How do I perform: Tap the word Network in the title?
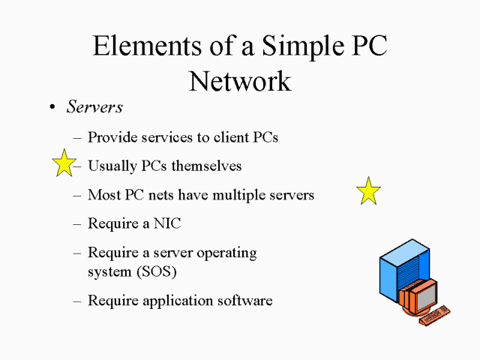click(240, 80)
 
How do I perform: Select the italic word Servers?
click(94, 107)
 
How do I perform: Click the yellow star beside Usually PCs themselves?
click(64, 163)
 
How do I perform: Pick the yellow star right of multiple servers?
click(368, 191)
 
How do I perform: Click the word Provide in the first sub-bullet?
click(111, 137)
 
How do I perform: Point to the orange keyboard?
click(435, 315)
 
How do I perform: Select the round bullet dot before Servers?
click(52, 108)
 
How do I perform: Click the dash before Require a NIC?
click(78, 223)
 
